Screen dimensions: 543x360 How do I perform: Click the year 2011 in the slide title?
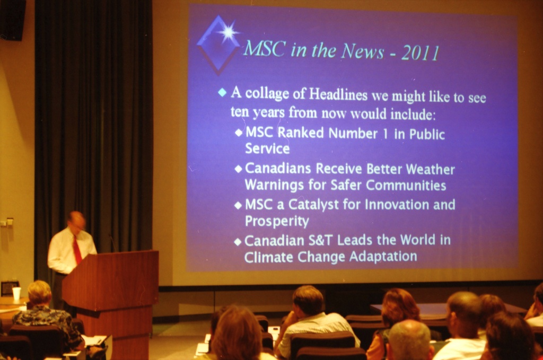421,53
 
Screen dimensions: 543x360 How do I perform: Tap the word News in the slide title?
362,51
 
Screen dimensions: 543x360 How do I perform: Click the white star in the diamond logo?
228,32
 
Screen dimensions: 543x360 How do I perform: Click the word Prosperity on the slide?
277,221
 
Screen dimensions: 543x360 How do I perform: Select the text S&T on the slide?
321,240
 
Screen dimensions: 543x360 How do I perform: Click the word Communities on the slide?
406,185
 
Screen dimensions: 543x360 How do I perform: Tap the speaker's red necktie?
77,250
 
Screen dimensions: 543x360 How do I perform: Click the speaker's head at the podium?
76,221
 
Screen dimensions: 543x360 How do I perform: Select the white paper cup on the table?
16,294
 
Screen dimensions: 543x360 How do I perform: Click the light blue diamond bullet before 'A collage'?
222,92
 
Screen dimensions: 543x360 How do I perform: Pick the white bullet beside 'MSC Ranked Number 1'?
239,133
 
